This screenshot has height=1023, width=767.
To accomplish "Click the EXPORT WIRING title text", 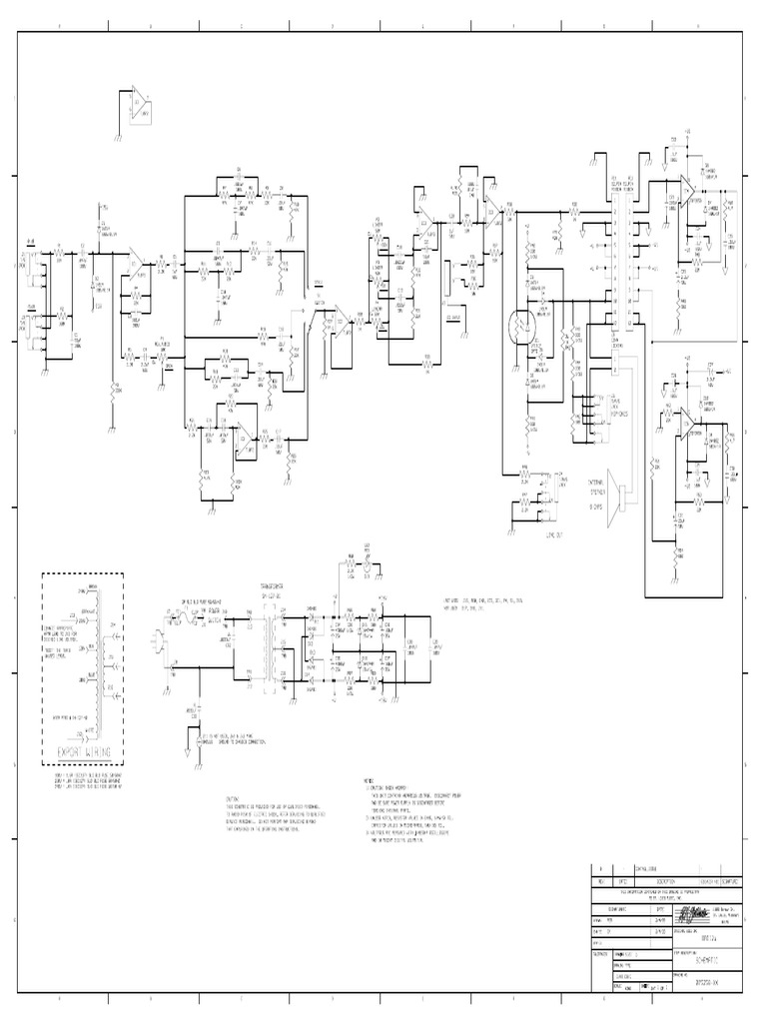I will tap(82, 751).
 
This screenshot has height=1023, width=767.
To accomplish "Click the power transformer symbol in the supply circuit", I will tap(269, 647).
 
